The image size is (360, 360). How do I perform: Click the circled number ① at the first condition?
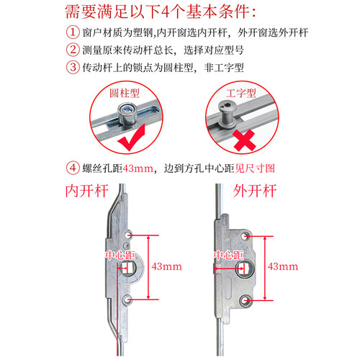click(72, 33)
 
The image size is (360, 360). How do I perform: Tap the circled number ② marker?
click(72, 51)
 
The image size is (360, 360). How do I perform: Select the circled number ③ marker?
click(72, 69)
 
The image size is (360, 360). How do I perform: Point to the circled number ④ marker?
click(72, 170)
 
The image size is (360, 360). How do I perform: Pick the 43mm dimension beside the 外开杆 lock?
click(283, 266)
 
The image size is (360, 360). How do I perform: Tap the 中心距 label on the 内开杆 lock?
click(120, 255)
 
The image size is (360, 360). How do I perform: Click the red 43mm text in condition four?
click(138, 170)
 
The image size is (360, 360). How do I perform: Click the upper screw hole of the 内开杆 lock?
click(128, 235)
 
